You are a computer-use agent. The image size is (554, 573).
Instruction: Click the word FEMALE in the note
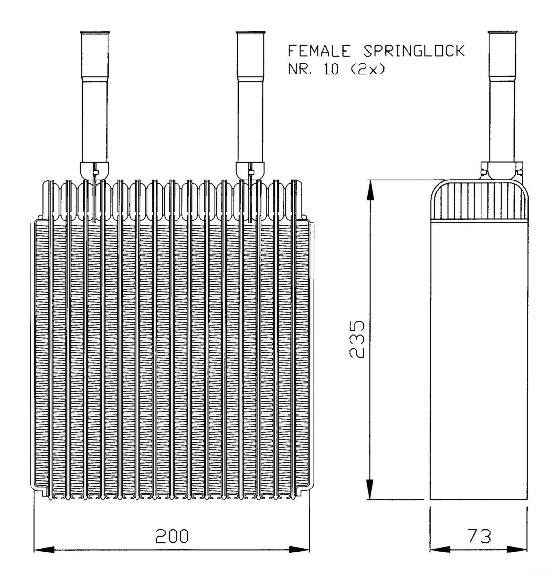tap(319, 51)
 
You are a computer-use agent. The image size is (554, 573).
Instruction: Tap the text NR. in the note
tap(299, 70)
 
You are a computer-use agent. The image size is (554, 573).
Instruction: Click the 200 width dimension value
tap(172, 536)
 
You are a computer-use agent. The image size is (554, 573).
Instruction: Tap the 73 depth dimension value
tap(479, 536)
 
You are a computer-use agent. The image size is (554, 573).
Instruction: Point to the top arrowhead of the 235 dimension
tap(370, 189)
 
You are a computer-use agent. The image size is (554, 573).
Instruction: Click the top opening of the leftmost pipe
tap(94, 33)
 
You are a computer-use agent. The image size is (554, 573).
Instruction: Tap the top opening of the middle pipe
tap(251, 33)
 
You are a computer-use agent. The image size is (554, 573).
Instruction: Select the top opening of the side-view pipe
tap(502, 33)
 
